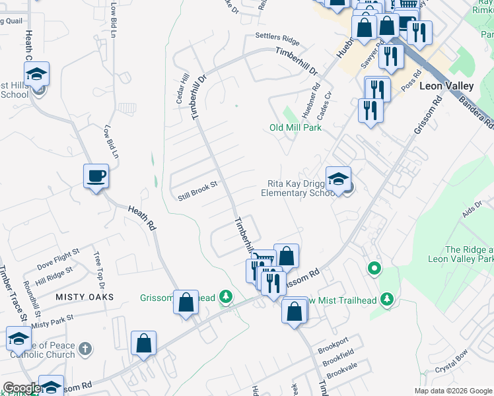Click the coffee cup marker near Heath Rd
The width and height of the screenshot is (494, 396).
click(x=96, y=176)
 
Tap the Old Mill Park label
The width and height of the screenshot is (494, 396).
click(x=295, y=127)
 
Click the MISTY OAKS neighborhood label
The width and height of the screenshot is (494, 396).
click(x=84, y=297)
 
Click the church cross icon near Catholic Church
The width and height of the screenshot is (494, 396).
click(x=85, y=348)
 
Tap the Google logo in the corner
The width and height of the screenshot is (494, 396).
click(x=21, y=388)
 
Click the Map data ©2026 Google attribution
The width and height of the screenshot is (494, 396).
click(x=453, y=391)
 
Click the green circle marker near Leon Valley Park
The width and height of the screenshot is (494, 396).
click(x=374, y=269)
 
